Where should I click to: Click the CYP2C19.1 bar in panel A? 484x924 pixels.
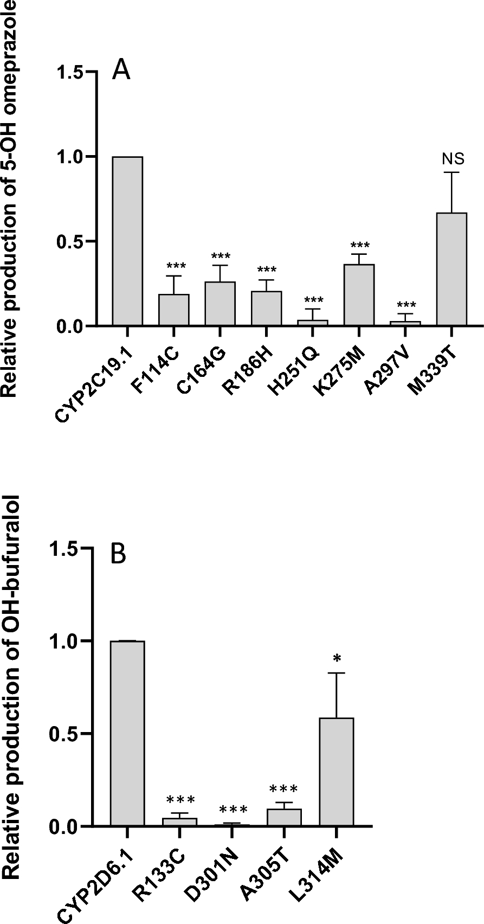127,241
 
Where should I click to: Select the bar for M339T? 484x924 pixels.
451,269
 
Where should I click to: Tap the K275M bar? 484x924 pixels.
359,295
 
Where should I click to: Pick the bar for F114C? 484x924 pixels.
173,310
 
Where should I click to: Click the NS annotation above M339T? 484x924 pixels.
453,159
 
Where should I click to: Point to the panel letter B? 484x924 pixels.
119,555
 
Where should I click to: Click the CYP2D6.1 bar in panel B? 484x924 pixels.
127,734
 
